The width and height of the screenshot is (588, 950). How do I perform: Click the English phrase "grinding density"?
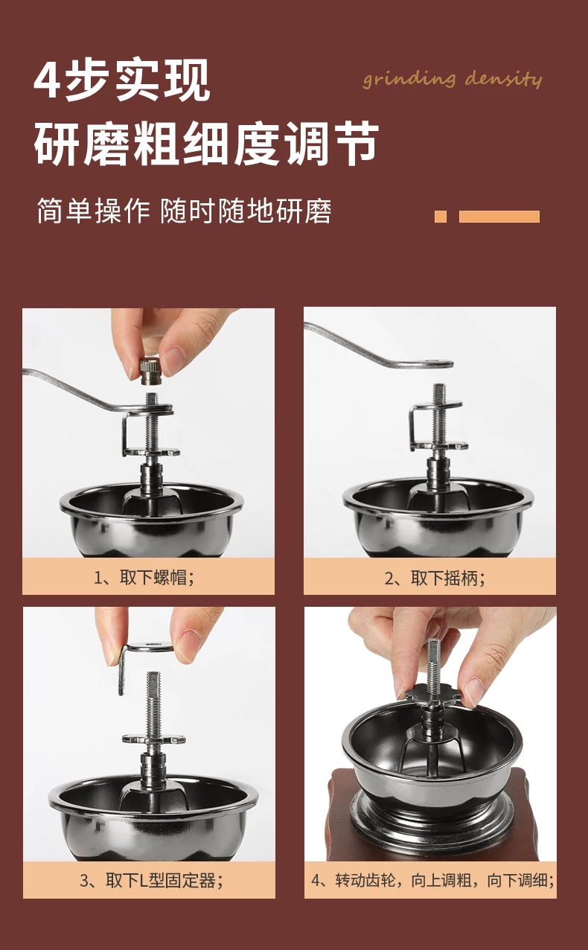pyautogui.click(x=452, y=80)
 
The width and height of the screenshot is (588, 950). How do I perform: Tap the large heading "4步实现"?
pyautogui.click(x=122, y=80)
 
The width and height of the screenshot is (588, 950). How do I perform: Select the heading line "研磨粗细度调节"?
pyautogui.click(x=206, y=143)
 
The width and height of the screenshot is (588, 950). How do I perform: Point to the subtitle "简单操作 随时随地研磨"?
pyautogui.click(x=184, y=211)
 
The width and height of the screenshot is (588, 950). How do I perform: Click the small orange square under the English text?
pyautogui.click(x=441, y=217)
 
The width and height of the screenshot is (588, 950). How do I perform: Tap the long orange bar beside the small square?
pyautogui.click(x=499, y=217)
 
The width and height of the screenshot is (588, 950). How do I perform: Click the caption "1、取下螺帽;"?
pyautogui.click(x=144, y=578)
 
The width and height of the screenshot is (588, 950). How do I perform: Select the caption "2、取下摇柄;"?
pyautogui.click(x=435, y=578)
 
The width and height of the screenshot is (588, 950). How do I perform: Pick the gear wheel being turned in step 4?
pyautogui.click(x=433, y=697)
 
